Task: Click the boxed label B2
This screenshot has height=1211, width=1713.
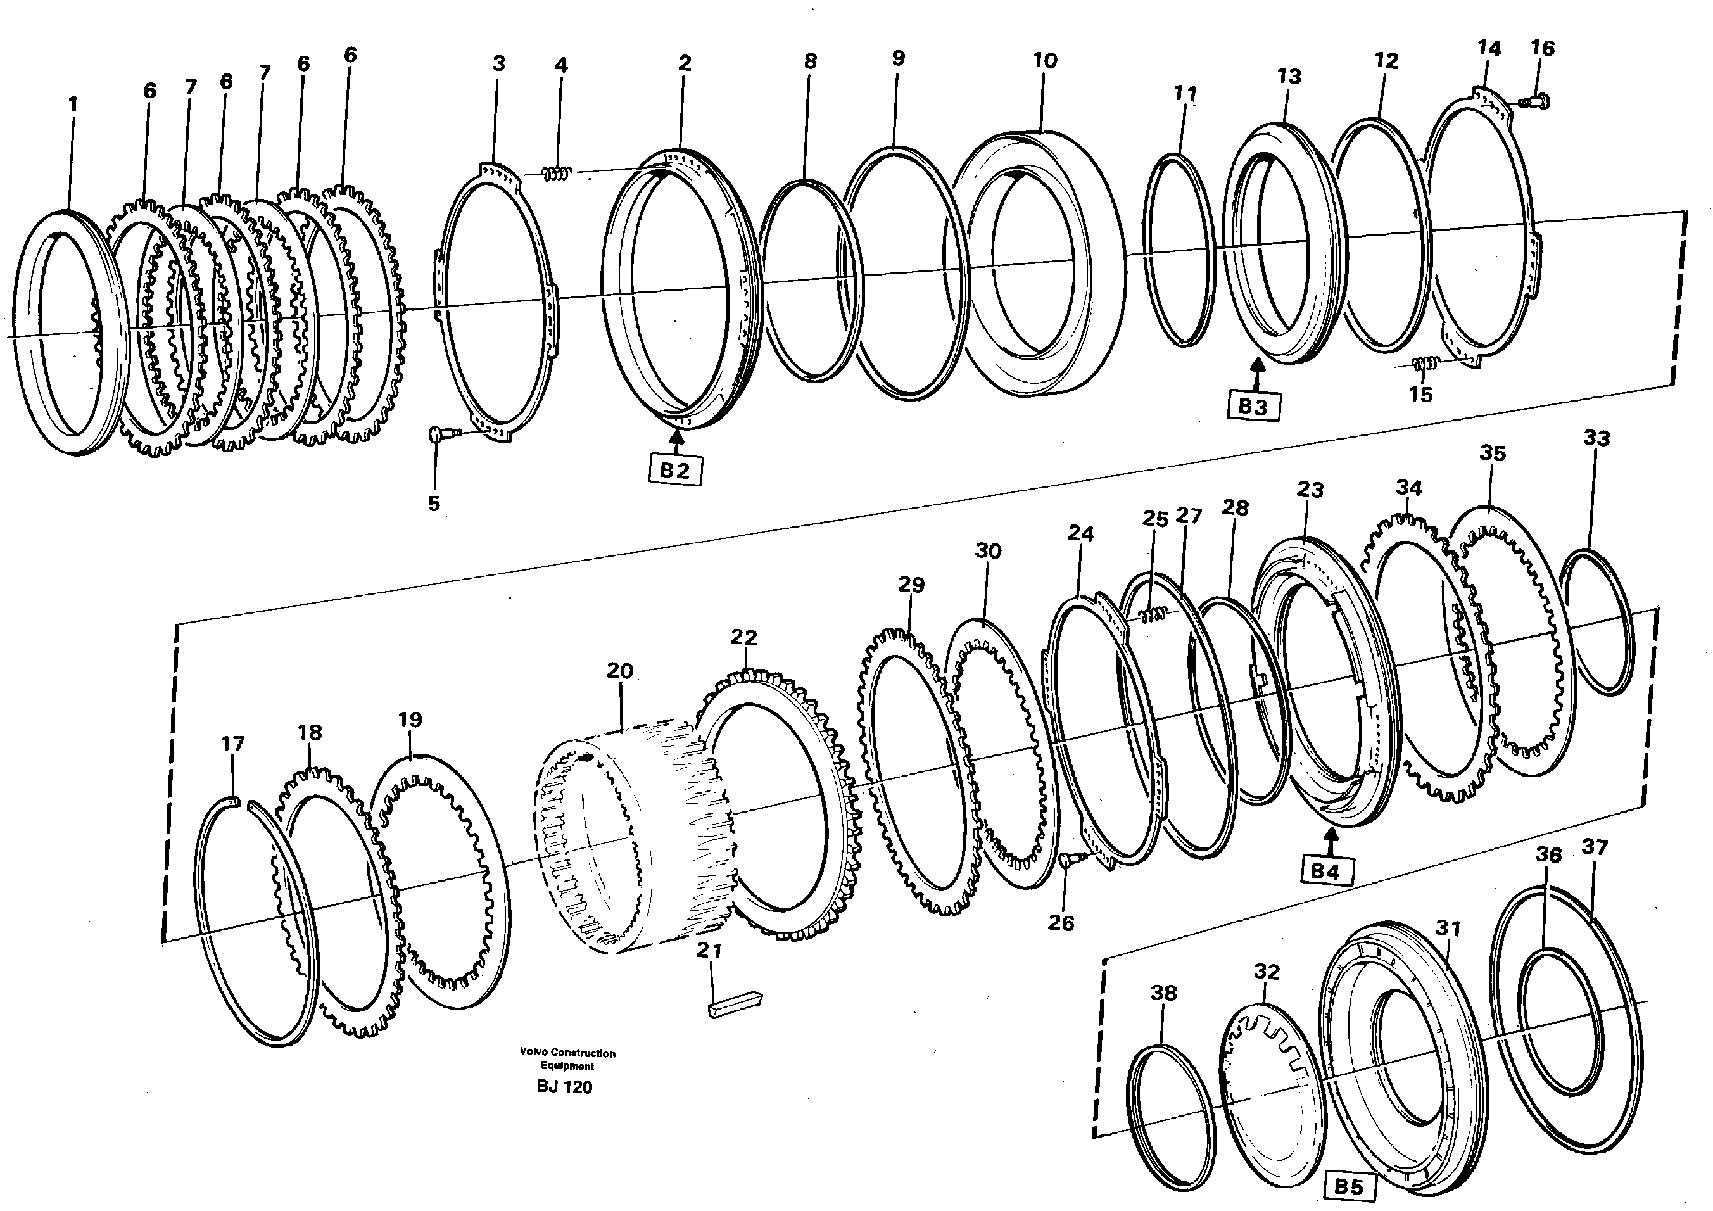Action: point(674,471)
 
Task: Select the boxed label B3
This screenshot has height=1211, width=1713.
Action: point(1253,407)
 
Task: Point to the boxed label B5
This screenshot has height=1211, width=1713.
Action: point(1348,1186)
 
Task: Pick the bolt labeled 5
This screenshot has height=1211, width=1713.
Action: point(438,434)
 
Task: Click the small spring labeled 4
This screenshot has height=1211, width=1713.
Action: point(557,173)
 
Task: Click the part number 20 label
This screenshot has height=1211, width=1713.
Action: point(619,671)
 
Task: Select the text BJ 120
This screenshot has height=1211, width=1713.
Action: point(564,1087)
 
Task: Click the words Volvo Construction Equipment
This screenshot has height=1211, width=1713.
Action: point(568,1059)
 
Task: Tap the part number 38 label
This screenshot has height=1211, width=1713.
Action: point(1163,993)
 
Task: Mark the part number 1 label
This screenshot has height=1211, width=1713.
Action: point(72,105)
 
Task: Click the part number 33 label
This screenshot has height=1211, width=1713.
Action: point(1596,438)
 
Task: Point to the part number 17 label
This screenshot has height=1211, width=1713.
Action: point(233,744)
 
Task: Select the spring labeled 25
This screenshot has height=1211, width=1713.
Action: point(1153,614)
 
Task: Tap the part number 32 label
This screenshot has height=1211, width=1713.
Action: point(1266,972)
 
